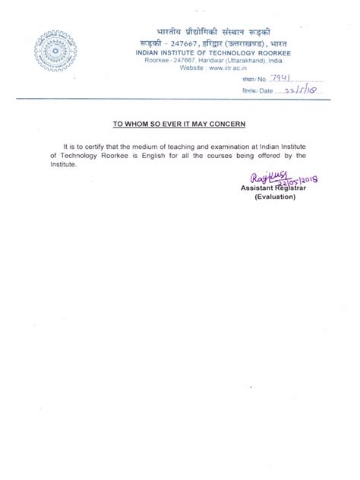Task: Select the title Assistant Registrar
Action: coord(274,188)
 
